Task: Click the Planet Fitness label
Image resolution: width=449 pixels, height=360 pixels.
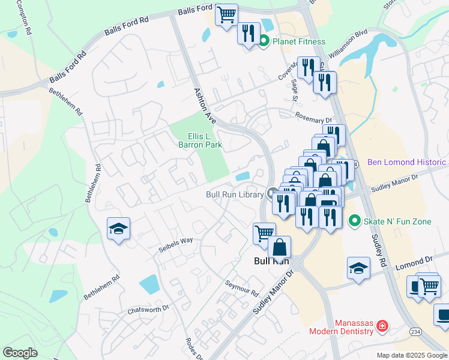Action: [298, 41]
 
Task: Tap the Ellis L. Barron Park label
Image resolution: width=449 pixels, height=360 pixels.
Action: [200, 140]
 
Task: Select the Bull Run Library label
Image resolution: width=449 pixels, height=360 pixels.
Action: [234, 194]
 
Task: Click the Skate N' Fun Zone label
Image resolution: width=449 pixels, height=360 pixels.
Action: [397, 221]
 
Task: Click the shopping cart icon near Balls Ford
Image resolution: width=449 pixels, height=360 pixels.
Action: [226, 14]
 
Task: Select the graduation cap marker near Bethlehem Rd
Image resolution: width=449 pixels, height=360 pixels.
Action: [118, 229]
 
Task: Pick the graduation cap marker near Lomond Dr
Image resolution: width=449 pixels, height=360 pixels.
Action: [358, 268]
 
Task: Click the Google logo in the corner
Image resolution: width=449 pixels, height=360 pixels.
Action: [20, 353]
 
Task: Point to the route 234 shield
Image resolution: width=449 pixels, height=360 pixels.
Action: [415, 331]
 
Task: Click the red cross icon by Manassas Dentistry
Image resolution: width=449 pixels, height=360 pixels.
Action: [381, 327]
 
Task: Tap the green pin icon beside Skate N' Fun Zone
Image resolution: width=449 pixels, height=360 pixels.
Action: [354, 221]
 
